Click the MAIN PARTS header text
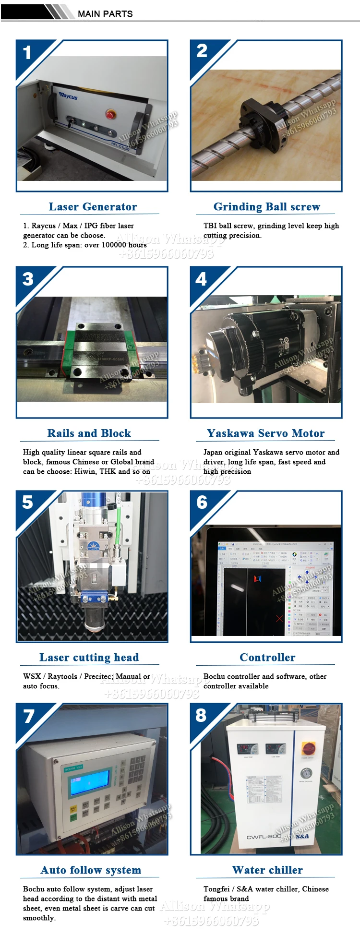point(105,13)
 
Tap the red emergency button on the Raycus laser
point(110,114)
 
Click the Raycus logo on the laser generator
point(68,96)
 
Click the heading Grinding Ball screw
point(266,207)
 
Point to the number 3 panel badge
point(28,279)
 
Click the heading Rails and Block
point(89,433)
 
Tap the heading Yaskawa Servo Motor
point(265,433)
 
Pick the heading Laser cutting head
point(89,658)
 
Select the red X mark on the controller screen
point(279,619)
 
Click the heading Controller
point(267,658)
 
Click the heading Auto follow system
point(91,870)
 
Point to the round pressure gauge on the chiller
point(306,773)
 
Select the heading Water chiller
point(267,870)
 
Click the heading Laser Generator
point(93,207)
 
